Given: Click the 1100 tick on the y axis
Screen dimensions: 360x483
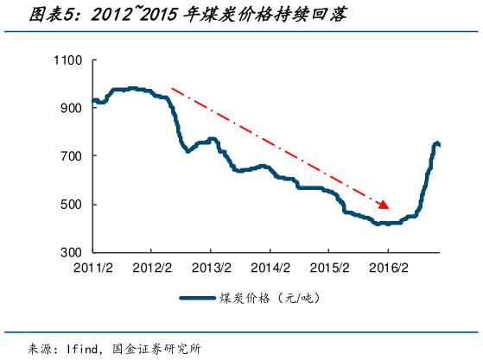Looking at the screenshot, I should coord(67,60).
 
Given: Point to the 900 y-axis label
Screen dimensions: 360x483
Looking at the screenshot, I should coord(70,108).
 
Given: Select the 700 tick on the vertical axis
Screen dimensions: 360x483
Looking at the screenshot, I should coord(70,156).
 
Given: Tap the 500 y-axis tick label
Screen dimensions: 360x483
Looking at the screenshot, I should coord(70,205).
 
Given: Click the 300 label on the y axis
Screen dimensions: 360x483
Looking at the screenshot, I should coord(70,253).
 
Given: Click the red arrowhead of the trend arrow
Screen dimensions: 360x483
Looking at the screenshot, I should coord(384,205).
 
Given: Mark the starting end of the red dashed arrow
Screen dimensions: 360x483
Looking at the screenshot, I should coord(173,88).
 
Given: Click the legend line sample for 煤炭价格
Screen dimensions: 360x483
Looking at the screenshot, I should coord(201,299).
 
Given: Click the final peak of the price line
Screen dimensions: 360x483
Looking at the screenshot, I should coord(437,142).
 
